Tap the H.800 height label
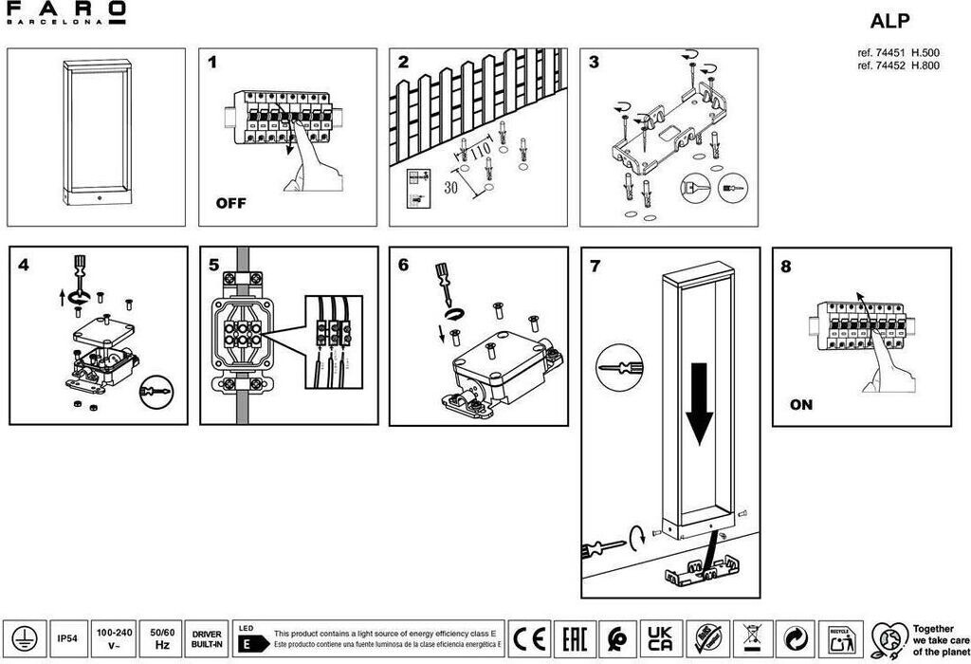click(925, 66)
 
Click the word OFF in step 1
click(230, 203)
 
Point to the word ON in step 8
click(801, 405)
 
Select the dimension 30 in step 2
click(452, 187)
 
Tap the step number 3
click(594, 64)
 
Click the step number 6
click(403, 265)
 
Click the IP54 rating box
click(66, 638)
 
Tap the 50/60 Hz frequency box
click(161, 638)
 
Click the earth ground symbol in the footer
click(24, 638)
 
